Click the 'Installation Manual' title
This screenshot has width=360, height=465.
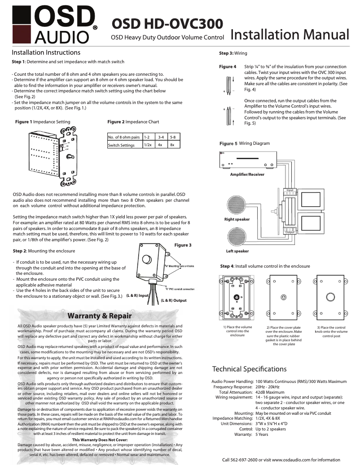[x=290, y=35]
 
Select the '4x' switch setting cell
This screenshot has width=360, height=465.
[x=160, y=145]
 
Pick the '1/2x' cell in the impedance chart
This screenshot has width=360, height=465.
[x=147, y=145]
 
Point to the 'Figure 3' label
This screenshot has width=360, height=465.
[x=183, y=245]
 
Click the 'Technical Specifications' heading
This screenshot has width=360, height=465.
[x=249, y=369]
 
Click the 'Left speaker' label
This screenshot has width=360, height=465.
[x=237, y=251]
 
